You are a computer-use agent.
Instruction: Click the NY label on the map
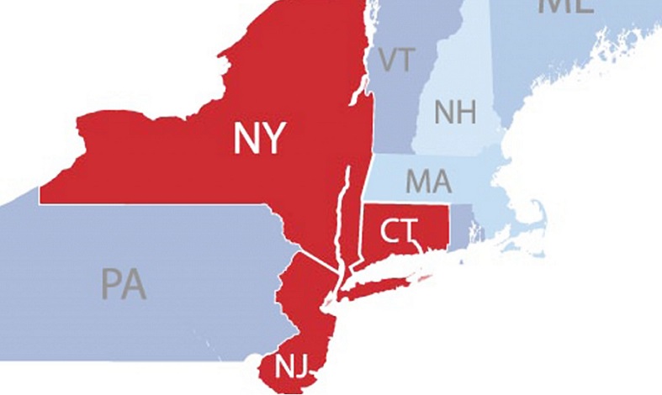[260, 139]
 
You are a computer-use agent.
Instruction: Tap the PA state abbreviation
[124, 284]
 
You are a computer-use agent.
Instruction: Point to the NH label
[455, 113]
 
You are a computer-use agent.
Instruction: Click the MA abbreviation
[428, 181]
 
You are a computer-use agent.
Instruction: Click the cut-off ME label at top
[566, 5]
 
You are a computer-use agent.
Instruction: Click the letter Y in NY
[273, 139]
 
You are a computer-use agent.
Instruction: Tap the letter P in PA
[110, 284]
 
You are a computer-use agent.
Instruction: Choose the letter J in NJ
[301, 366]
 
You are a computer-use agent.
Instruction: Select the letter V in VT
[387, 61]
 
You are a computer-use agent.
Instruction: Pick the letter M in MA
[417, 181]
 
